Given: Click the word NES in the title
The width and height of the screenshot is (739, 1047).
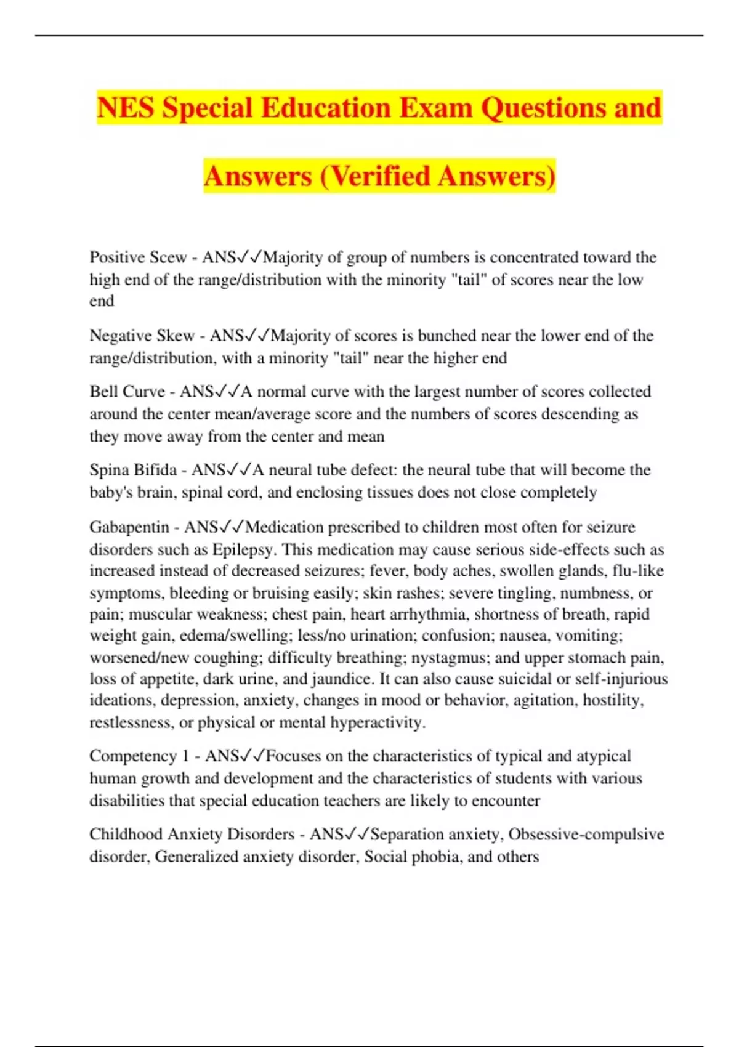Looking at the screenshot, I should pos(125,108).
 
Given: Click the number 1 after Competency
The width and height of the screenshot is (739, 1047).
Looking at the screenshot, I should pos(185,756).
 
